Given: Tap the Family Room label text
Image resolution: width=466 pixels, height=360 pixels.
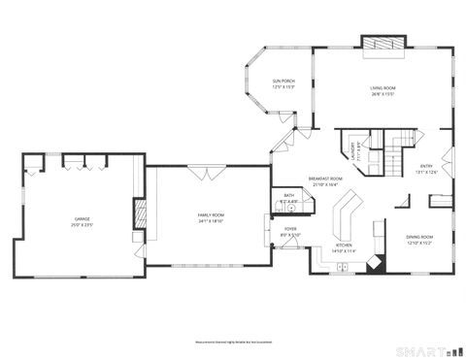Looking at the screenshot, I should [x=211, y=217].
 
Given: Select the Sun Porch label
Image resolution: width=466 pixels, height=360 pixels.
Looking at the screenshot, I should [x=283, y=83].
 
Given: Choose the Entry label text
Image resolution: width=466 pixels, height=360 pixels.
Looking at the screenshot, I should [x=426, y=169].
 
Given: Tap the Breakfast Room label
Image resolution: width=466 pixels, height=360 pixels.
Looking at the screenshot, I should [x=325, y=181].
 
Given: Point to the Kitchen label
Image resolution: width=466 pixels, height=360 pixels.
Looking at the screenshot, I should [x=346, y=248].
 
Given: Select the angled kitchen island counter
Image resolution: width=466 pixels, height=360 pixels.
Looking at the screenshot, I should [x=343, y=218].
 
